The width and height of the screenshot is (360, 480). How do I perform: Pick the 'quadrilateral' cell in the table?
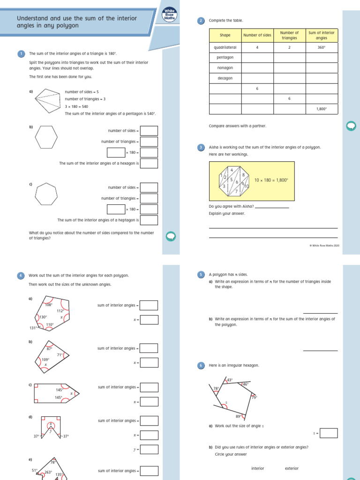225,47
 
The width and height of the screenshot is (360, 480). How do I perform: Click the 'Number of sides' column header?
257,35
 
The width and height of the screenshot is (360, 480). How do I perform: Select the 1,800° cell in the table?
321,109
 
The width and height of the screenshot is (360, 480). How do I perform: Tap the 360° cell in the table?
321,47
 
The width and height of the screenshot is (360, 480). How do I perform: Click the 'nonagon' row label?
225,68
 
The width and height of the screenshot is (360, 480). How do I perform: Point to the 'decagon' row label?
225,78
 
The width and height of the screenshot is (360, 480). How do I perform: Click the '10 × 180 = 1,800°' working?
271,180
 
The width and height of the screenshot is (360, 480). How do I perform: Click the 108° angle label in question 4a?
48,305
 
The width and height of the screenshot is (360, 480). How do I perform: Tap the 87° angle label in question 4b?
49,349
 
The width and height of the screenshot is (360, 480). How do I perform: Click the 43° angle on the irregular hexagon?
230,380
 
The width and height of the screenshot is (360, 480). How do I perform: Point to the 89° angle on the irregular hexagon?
238,416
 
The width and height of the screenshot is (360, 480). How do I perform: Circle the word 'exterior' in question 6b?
292,468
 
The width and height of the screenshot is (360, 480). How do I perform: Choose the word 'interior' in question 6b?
258,468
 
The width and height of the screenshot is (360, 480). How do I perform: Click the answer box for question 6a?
329,433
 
